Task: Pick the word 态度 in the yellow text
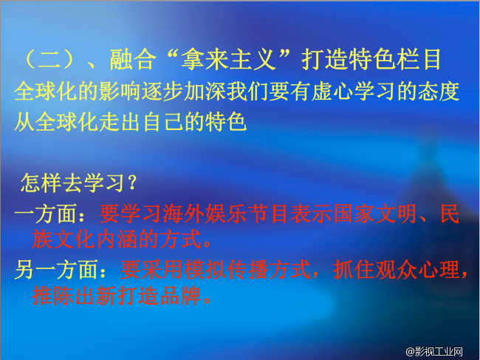click(x=442, y=92)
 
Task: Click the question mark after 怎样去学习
click(x=130, y=181)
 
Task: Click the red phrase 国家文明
click(x=363, y=215)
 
